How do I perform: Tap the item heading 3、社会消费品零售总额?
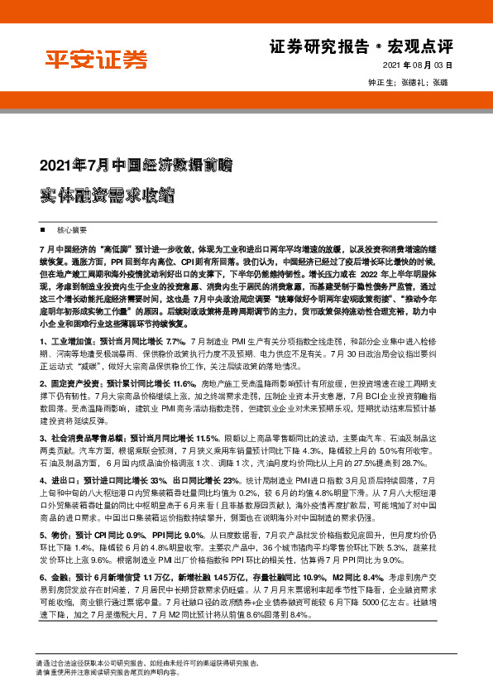[x=82, y=437]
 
